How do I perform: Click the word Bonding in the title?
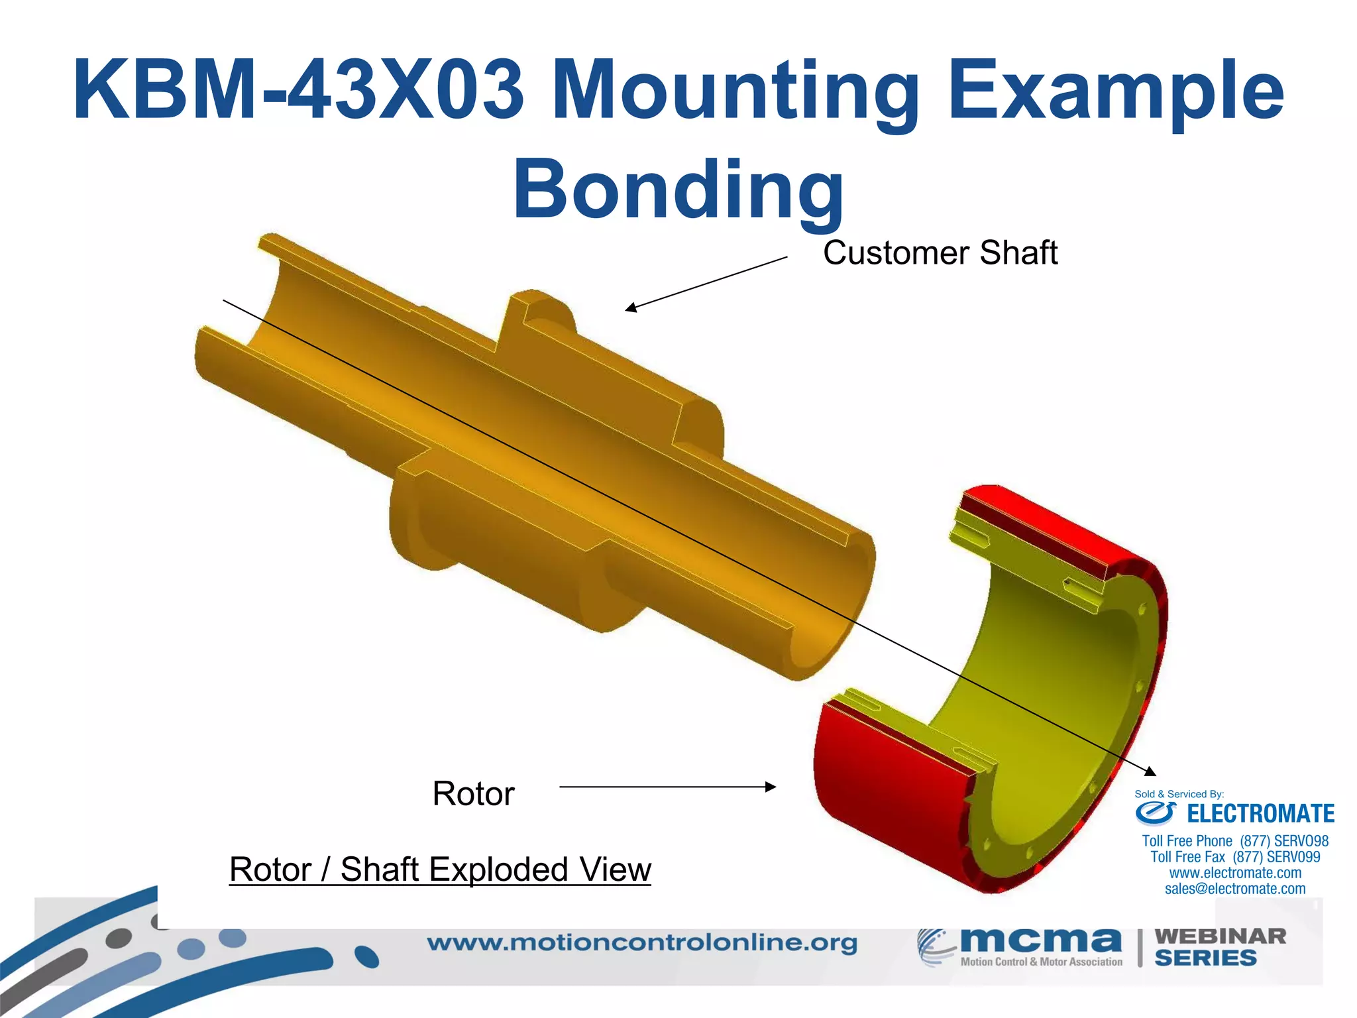coord(678,190)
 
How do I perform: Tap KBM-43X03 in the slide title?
coord(298,90)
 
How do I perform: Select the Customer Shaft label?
coord(940,253)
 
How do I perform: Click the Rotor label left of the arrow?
coord(473,793)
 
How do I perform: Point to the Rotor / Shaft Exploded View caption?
coord(440,870)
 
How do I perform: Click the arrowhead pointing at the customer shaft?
coord(631,308)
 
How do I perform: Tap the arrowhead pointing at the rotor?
coord(770,787)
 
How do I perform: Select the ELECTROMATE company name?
coord(1260,814)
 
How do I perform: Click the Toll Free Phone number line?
coord(1235,841)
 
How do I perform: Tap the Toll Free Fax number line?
coord(1235,857)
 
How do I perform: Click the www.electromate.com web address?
coord(1235,873)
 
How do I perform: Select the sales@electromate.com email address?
coord(1235,889)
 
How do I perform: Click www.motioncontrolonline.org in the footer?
coord(642,942)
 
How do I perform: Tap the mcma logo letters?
coord(1040,940)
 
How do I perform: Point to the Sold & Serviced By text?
coord(1179,794)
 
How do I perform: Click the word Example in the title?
coord(1116,90)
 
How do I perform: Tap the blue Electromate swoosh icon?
coord(1156,813)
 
